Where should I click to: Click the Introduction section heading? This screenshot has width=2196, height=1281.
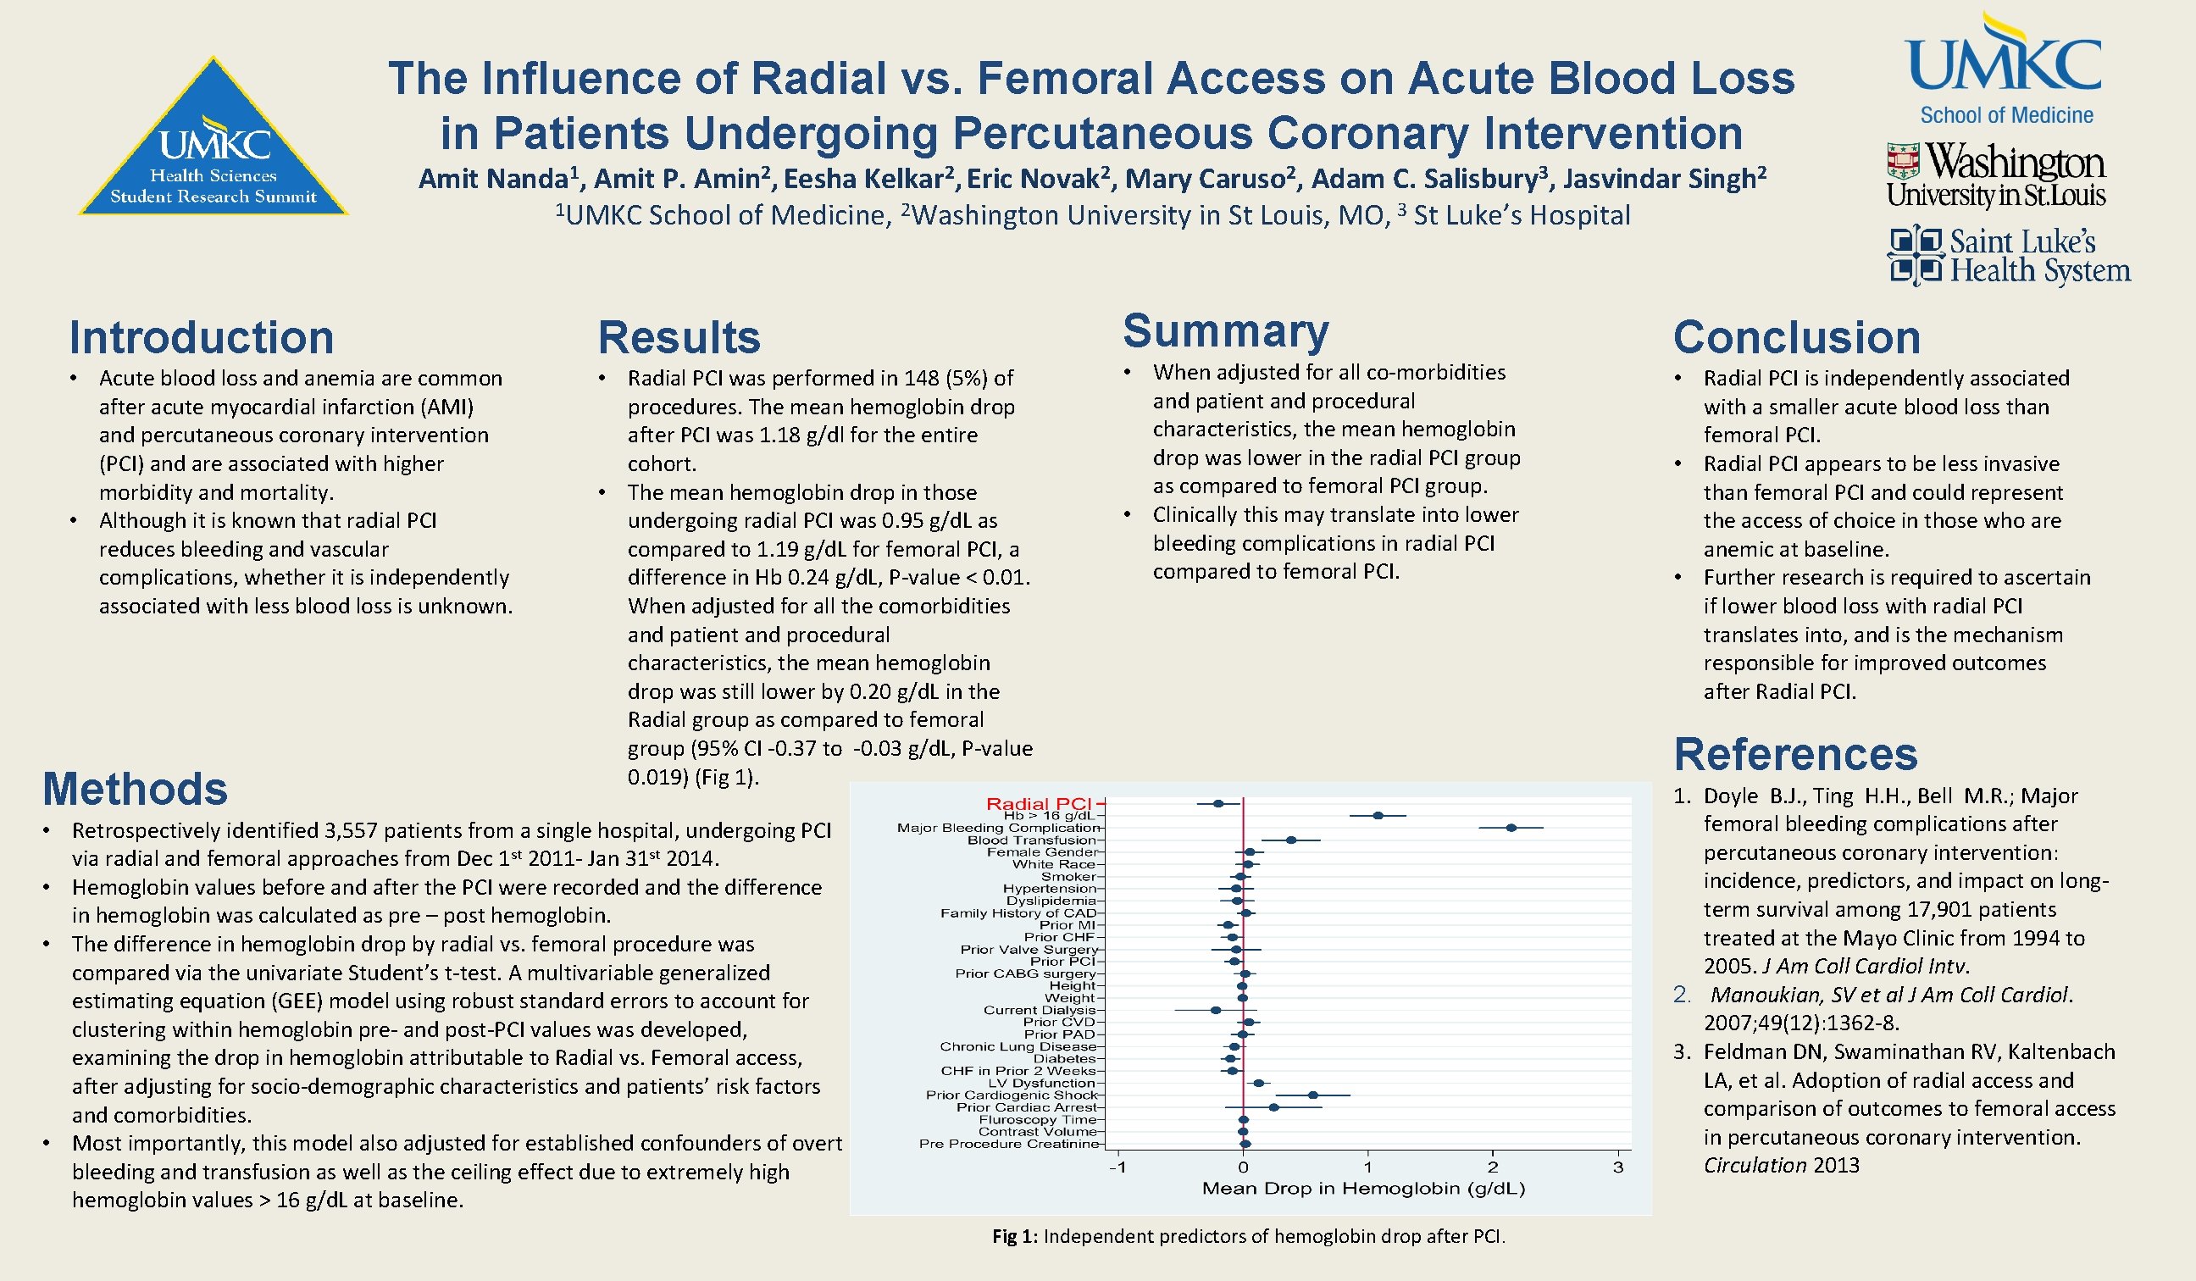(202, 337)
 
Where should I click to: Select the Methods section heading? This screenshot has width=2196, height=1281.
(135, 789)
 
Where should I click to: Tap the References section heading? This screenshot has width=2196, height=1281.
(1795, 754)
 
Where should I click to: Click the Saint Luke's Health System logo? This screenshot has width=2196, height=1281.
(2008, 255)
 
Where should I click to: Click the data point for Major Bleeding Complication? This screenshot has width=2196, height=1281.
(1511, 828)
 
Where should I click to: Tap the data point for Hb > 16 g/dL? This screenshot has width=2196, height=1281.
(1378, 816)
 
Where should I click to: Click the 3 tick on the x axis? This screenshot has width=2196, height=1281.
(1618, 1167)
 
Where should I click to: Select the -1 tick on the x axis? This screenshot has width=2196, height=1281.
(1117, 1167)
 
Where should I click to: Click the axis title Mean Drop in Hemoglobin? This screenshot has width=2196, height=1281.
(1363, 1189)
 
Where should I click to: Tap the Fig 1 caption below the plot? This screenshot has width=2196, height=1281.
(1248, 1237)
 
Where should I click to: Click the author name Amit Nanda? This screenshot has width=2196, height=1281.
(493, 179)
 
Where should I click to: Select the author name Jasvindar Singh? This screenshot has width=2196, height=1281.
(1659, 179)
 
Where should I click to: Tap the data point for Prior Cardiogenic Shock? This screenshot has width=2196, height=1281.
(1313, 1095)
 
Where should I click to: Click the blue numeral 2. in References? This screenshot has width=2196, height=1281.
(1682, 995)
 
